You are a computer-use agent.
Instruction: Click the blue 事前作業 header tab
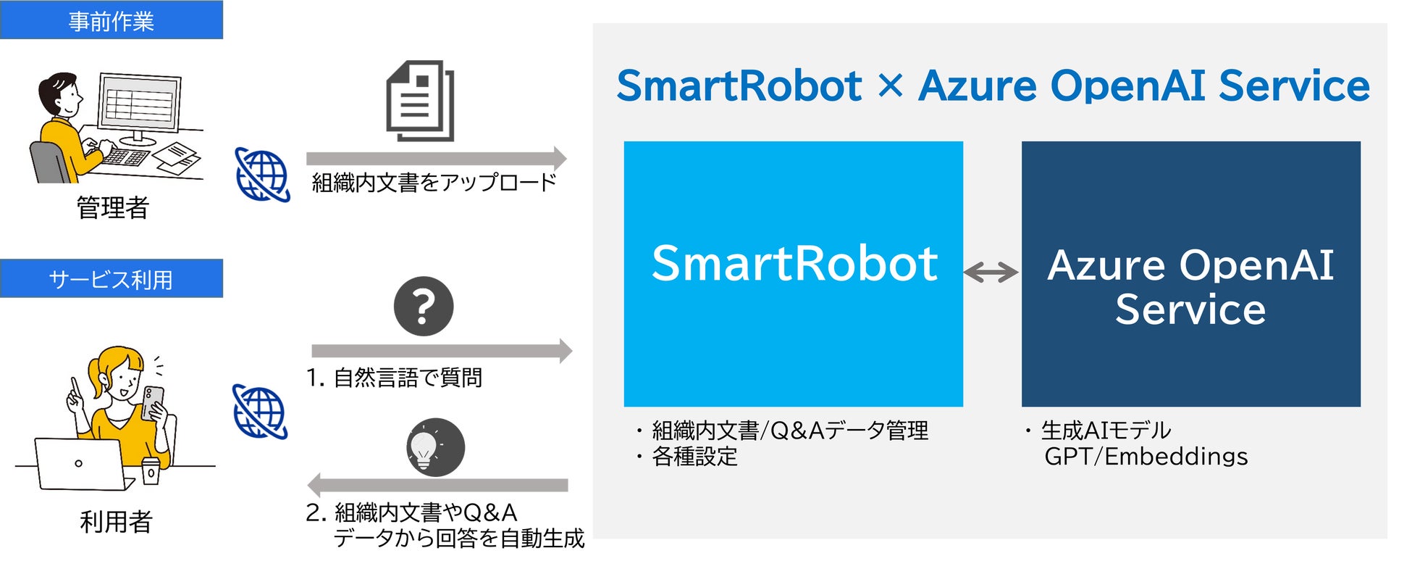[x=111, y=20]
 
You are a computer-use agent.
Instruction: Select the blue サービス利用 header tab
[x=111, y=279]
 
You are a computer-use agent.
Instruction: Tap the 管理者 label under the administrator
[x=113, y=208]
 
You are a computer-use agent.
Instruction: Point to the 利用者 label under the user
[x=116, y=521]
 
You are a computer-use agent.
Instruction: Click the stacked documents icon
[x=420, y=101]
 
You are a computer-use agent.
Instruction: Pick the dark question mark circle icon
[x=424, y=306]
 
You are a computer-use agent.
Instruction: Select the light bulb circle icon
[x=434, y=447]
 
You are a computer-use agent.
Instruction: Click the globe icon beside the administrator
[x=262, y=175]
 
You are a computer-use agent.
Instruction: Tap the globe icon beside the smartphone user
[x=260, y=412]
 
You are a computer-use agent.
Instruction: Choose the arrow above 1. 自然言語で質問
[x=441, y=351]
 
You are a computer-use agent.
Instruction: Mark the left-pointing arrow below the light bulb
[x=437, y=485]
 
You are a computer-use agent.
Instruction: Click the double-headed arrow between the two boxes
[x=991, y=273]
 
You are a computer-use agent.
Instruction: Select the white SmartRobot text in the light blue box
[x=794, y=263]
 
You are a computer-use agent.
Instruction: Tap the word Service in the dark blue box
[x=1190, y=310]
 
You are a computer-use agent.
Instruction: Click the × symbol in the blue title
[x=890, y=86]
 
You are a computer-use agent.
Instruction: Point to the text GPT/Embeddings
[x=1146, y=457]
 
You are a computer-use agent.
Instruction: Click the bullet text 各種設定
[x=694, y=457]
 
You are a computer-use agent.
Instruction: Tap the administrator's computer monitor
[x=140, y=105]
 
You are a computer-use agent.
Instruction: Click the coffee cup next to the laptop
[x=150, y=471]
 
